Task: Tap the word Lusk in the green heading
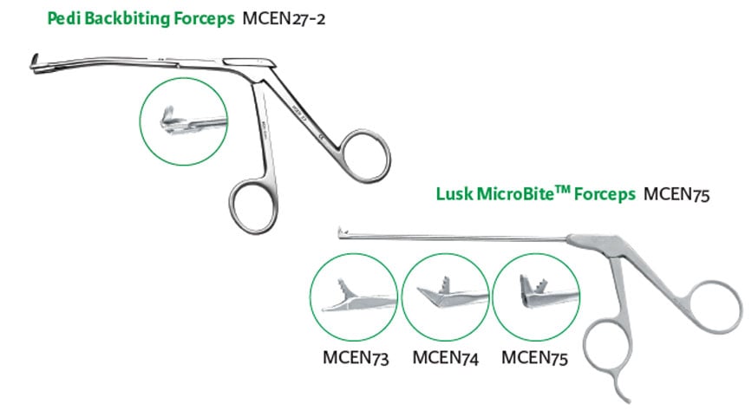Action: pos(454,194)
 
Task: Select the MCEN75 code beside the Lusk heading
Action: pos(677,194)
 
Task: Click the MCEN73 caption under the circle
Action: pos(356,356)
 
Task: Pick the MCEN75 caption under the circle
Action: pos(534,356)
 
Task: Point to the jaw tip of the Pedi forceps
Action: pos(33,62)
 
